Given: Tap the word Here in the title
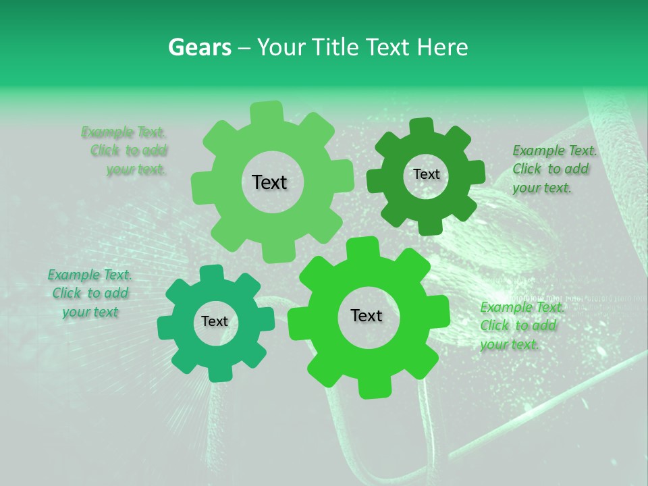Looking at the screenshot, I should (x=443, y=47).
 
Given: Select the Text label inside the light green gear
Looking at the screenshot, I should (x=269, y=182).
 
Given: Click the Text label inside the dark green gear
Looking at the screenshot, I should (x=426, y=174).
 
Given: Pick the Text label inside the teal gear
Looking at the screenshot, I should (x=215, y=322).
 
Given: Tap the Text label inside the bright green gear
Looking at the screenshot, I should (x=367, y=316).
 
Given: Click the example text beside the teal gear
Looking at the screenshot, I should (x=90, y=294).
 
